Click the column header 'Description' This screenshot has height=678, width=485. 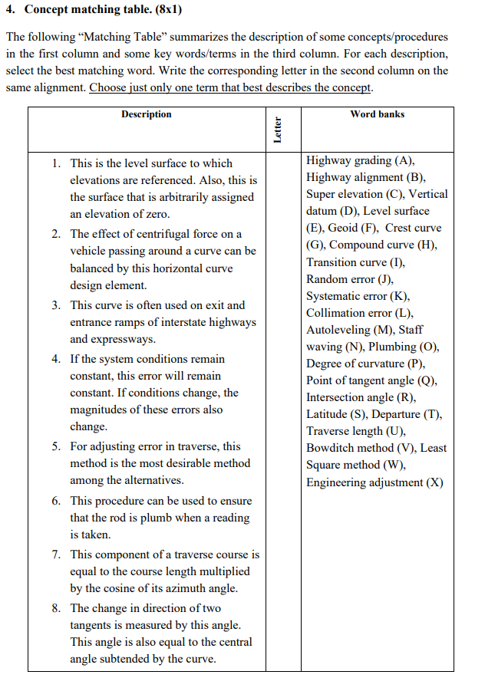coord(146,114)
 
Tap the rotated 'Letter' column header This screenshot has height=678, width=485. coord(278,130)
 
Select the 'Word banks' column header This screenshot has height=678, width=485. coord(377,114)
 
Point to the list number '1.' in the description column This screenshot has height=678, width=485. coord(58,163)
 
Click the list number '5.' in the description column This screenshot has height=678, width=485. coord(58,446)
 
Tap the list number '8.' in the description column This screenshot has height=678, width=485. coord(58,608)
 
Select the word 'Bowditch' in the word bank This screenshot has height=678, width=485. coord(330,448)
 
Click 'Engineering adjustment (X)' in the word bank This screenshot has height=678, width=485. coord(374,482)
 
